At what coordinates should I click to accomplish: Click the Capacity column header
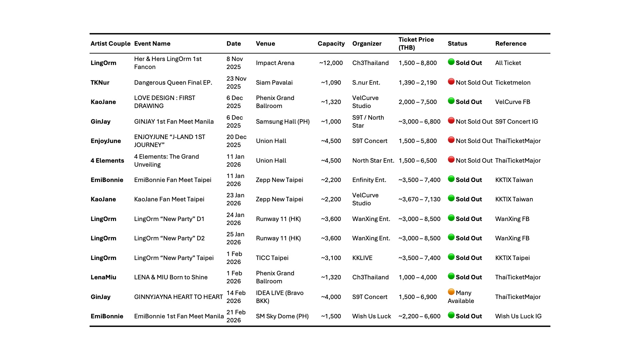click(331, 44)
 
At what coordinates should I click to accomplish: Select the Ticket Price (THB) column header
click(416, 44)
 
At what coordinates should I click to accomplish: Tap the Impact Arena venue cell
click(275, 63)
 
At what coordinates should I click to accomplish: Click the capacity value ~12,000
click(331, 63)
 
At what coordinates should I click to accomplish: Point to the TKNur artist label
click(100, 83)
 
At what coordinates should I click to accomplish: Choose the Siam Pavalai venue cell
click(274, 83)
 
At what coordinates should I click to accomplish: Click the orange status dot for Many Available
click(451, 292)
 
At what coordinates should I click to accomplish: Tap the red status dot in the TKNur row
click(451, 82)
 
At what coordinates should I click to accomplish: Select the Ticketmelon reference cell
click(513, 83)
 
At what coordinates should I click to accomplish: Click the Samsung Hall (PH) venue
click(283, 122)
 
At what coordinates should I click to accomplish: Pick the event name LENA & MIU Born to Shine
click(171, 277)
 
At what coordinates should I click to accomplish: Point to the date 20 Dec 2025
click(236, 141)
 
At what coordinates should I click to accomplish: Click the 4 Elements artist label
click(107, 161)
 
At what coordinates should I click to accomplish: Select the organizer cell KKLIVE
click(362, 258)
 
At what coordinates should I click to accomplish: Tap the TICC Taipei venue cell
click(272, 258)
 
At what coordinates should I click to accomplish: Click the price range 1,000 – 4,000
click(417, 277)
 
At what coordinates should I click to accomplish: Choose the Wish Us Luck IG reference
click(518, 316)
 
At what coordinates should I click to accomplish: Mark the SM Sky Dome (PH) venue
click(282, 316)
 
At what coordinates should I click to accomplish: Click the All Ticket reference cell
click(508, 63)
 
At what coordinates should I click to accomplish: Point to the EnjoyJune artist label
click(106, 141)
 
